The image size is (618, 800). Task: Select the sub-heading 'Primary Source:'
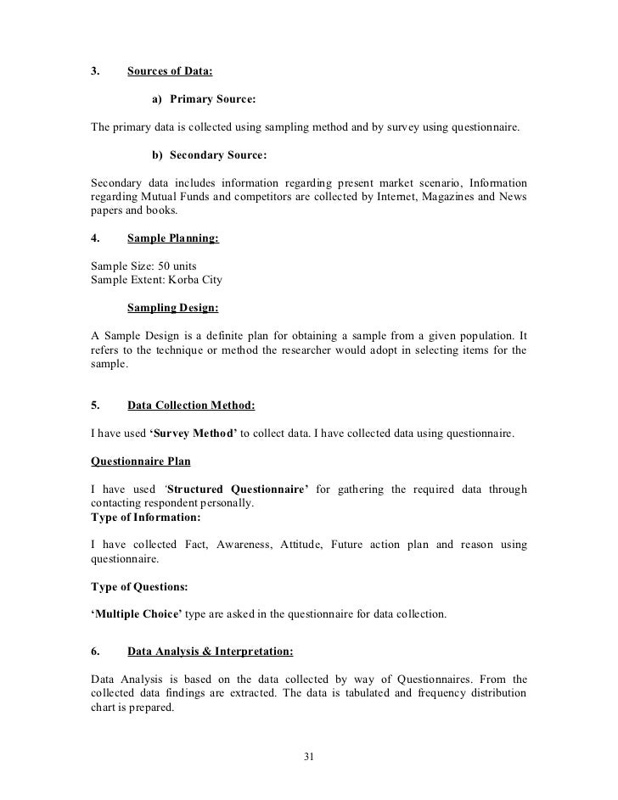click(212, 100)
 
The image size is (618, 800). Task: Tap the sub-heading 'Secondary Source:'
click(218, 156)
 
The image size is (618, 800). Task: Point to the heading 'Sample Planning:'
click(172, 239)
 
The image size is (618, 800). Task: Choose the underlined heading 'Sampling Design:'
click(172, 307)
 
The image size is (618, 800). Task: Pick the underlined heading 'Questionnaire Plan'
click(140, 462)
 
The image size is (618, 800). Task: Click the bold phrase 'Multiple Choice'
click(132, 613)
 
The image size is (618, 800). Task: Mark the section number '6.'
click(95, 652)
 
